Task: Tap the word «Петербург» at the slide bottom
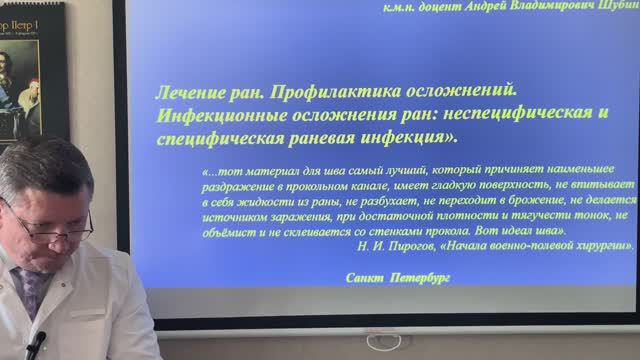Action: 416,277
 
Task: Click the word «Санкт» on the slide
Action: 361,277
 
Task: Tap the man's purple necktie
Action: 31,290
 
